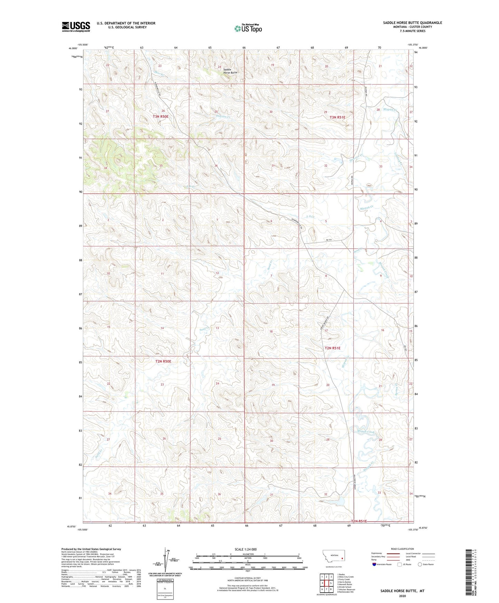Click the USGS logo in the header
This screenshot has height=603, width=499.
(76, 27)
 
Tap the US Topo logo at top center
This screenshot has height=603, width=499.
(248, 28)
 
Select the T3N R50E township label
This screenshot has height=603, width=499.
(161, 117)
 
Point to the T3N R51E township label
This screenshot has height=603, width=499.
(337, 117)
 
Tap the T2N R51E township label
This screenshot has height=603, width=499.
(332, 348)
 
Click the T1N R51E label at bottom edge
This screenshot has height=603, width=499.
(359, 521)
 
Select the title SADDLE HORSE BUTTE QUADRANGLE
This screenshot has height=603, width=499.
(412, 23)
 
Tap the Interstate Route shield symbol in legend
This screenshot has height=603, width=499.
(374, 564)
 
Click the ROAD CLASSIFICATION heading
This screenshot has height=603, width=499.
(402, 549)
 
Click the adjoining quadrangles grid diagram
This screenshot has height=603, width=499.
(326, 583)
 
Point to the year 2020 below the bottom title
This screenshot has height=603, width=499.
(402, 596)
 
